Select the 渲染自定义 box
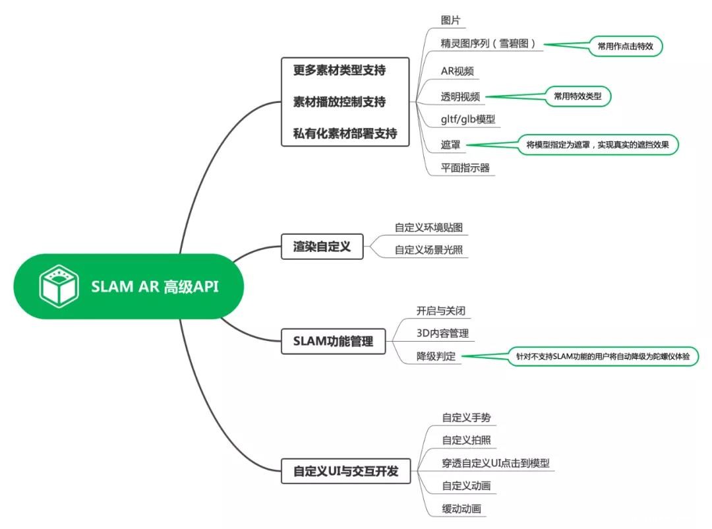click(x=322, y=247)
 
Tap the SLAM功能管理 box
click(x=333, y=341)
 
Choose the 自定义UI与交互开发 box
click(x=345, y=472)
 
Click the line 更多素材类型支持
click(x=340, y=69)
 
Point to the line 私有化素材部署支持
click(x=345, y=133)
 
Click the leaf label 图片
click(x=452, y=20)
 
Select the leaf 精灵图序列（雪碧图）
click(x=492, y=44)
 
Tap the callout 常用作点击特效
click(x=626, y=46)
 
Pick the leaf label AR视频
click(x=457, y=71)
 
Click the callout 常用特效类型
click(x=578, y=96)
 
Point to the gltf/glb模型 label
click(x=468, y=119)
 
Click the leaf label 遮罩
click(x=452, y=144)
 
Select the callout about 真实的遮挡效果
click(x=598, y=144)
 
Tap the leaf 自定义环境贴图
click(x=429, y=227)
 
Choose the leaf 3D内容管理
click(x=442, y=333)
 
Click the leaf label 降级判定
click(x=435, y=356)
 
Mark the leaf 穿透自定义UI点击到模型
click(x=496, y=462)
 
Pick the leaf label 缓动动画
click(x=461, y=509)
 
